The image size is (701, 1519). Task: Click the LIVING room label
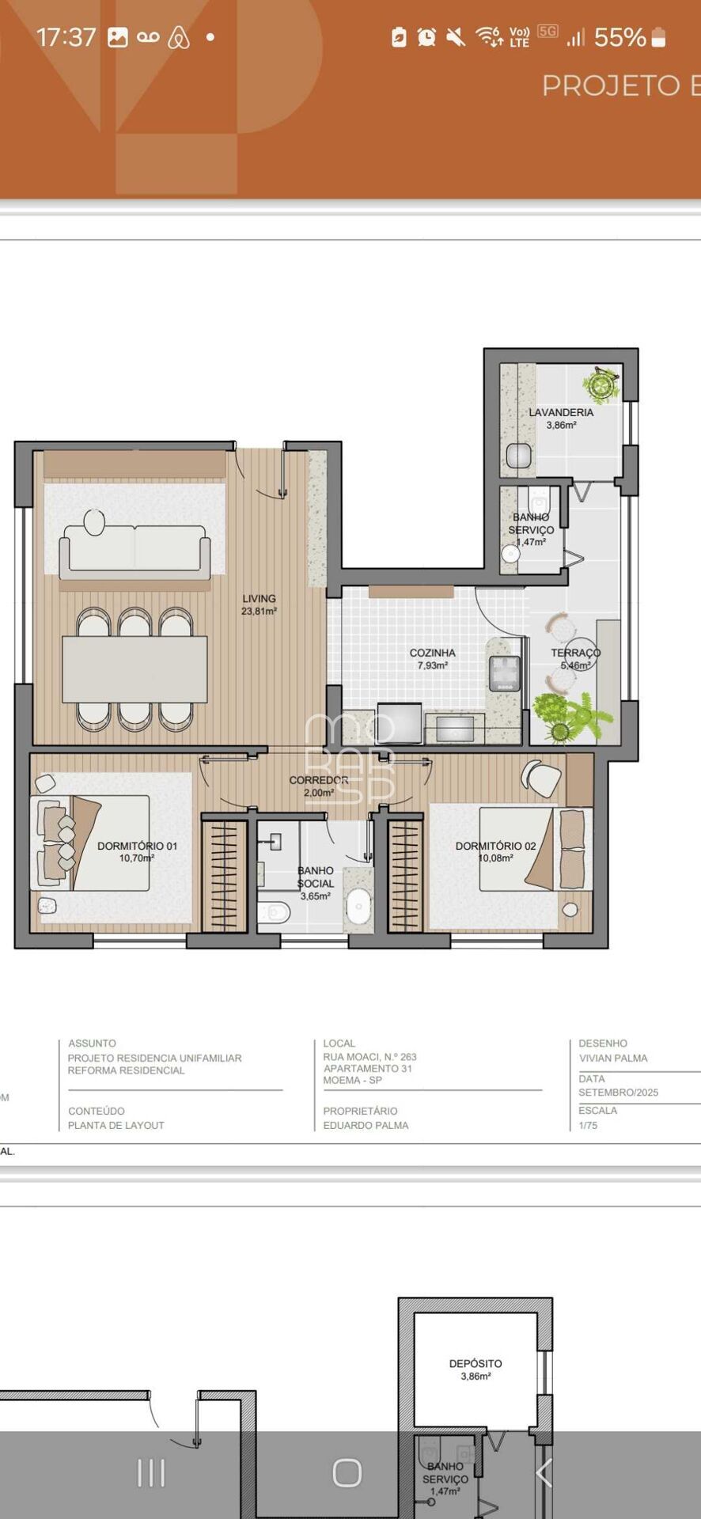(x=259, y=599)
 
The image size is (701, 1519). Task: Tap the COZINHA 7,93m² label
(x=432, y=659)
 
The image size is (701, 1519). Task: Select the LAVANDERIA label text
(x=561, y=412)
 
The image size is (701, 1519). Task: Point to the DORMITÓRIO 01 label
(x=137, y=846)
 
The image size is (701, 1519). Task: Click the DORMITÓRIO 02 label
(x=495, y=846)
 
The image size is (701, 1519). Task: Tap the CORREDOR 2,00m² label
(x=319, y=786)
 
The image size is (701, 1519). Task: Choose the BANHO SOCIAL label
(x=316, y=877)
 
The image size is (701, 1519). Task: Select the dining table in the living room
(x=135, y=669)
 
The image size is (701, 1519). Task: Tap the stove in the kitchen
(x=505, y=673)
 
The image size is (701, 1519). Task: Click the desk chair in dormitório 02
(x=541, y=778)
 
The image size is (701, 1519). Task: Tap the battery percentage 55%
(x=620, y=37)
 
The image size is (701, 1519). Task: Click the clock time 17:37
(x=66, y=37)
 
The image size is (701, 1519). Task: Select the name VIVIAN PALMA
(x=613, y=1058)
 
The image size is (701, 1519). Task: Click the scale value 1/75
(x=588, y=1125)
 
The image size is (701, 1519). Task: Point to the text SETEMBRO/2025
(x=618, y=1093)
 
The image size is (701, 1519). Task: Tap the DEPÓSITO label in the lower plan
(x=476, y=1363)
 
